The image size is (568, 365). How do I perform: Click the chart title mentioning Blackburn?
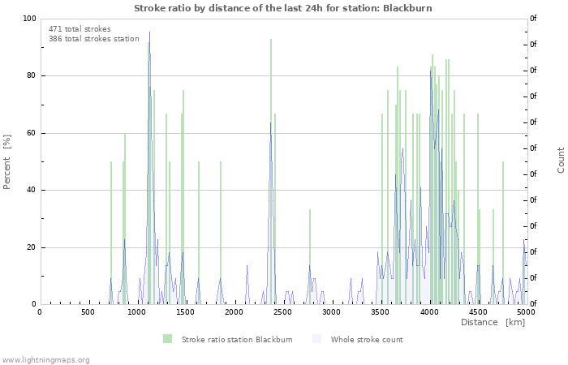pos(283,8)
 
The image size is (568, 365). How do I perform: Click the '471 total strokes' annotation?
pos(80,29)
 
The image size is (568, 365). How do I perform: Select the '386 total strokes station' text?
pos(93,39)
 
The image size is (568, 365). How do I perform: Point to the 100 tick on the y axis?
pos(29,19)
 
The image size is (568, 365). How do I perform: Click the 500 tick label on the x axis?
pos(88,312)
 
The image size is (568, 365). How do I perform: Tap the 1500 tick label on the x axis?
pos(185,312)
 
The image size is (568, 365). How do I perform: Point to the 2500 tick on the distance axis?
pos(282,312)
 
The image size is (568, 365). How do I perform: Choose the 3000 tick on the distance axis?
pos(331,312)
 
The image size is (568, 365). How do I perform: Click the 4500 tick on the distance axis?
pos(477,312)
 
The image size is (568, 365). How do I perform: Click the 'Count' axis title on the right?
pos(561,160)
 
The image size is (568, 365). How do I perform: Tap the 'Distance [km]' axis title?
pos(493,323)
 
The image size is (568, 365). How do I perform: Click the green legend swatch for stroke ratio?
pos(168,339)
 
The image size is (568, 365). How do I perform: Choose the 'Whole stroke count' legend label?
pos(366,339)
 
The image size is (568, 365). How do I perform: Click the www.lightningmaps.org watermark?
pos(45,359)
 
